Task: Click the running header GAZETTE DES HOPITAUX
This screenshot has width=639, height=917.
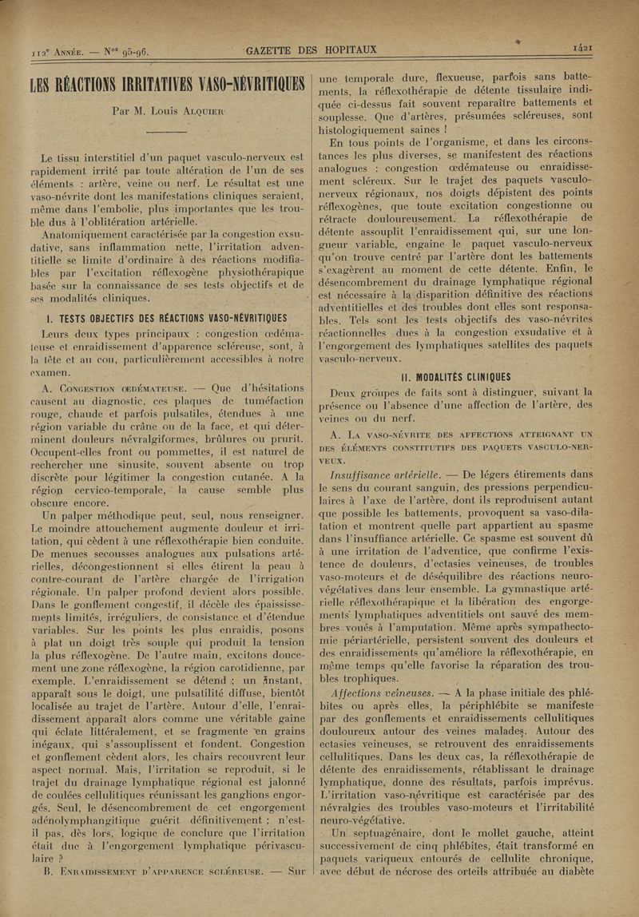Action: [312, 50]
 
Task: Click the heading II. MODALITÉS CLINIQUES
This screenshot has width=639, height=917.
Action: [455, 377]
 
